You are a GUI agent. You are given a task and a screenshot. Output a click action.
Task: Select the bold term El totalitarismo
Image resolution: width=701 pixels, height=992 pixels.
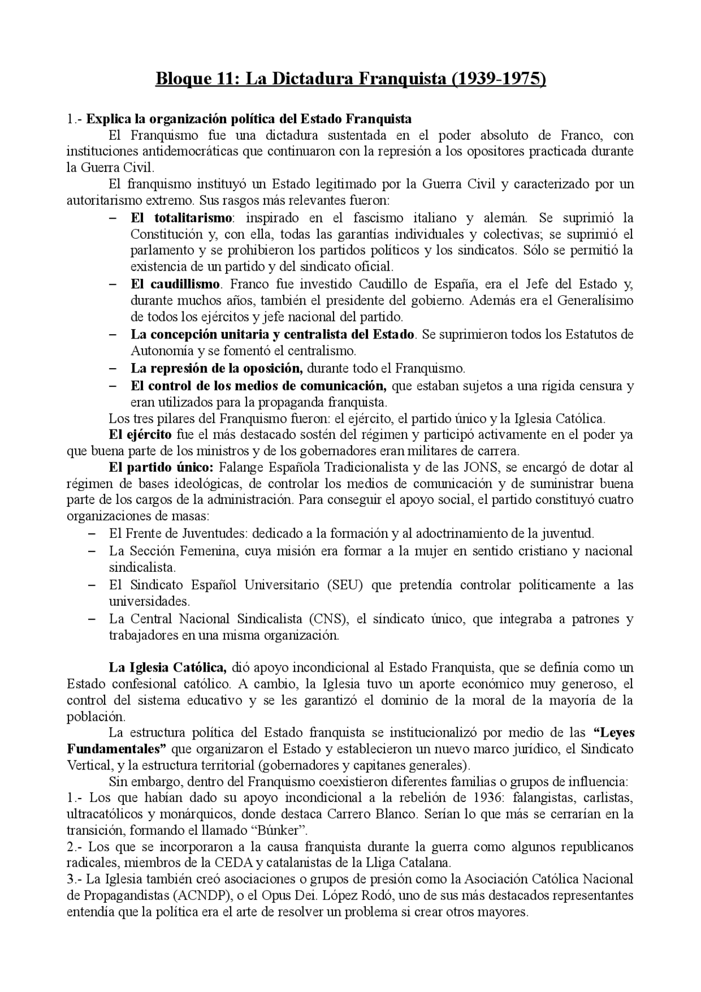[181, 217]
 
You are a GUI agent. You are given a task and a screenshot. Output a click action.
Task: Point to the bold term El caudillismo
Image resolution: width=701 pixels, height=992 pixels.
[175, 284]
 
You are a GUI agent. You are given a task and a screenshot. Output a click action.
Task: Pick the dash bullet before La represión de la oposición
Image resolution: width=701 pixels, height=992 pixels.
[113, 368]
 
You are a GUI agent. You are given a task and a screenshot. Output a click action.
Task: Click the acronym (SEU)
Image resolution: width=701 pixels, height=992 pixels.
[344, 584]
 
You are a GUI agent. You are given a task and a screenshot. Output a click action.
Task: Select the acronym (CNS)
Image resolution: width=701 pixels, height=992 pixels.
[328, 618]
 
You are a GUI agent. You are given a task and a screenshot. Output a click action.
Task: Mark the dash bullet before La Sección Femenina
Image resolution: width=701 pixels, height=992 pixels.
[92, 551]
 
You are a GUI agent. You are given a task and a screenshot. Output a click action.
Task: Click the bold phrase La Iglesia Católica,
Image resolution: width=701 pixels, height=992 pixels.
[168, 667]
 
